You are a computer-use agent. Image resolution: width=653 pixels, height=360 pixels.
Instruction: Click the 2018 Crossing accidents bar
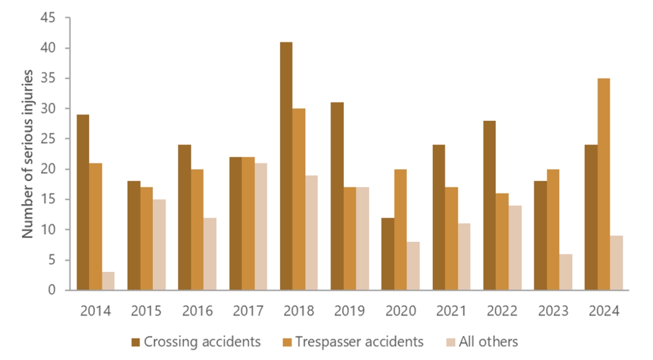(x=286, y=166)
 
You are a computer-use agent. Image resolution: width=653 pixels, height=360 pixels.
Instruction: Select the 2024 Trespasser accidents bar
(x=603, y=184)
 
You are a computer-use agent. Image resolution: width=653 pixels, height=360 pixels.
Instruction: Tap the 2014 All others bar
(x=108, y=281)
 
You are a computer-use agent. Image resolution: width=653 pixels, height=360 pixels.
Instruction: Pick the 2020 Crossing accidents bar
(x=387, y=254)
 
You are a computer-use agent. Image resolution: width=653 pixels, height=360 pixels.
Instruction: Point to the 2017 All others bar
(x=261, y=227)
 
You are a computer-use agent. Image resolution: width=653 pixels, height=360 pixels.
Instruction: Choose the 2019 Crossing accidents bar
(x=337, y=196)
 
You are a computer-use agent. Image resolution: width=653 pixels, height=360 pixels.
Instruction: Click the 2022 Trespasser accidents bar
(x=502, y=241)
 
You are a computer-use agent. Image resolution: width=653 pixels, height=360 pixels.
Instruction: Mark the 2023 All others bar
(x=566, y=272)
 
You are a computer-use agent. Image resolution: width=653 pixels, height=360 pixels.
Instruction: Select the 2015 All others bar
(x=159, y=245)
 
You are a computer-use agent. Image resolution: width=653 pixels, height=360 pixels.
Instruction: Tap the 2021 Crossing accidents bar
(x=439, y=218)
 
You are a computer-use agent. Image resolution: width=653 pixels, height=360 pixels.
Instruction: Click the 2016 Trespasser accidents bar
(x=197, y=229)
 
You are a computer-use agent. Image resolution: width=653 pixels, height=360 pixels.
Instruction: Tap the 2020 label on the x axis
(x=400, y=312)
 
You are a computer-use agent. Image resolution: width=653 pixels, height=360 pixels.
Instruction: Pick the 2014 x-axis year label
(x=95, y=312)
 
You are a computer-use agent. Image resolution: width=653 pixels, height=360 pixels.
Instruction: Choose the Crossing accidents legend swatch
(x=135, y=342)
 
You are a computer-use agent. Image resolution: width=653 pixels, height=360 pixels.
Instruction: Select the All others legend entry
(x=482, y=342)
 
